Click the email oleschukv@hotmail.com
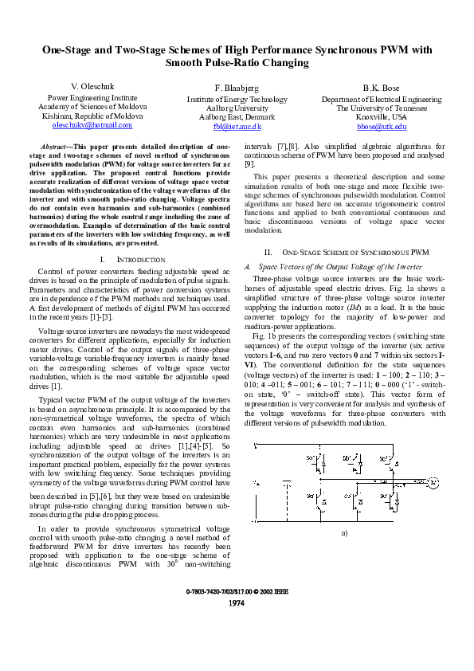click(x=92, y=125)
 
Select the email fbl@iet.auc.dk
click(x=237, y=127)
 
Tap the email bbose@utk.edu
click(x=382, y=126)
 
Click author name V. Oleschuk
click(x=92, y=85)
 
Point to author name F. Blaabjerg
click(x=237, y=87)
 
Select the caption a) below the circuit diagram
click(x=345, y=532)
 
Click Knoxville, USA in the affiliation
click(x=382, y=116)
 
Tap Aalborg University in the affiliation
click(x=237, y=108)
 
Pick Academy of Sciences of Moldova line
click(x=92, y=106)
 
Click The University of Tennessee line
click(x=382, y=108)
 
